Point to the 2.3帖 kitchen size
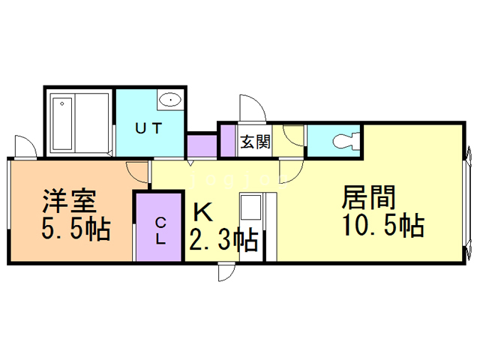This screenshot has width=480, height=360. tap(223, 240)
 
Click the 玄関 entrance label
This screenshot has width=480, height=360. tap(254, 142)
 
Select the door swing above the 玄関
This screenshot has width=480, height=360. tap(250, 108)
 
